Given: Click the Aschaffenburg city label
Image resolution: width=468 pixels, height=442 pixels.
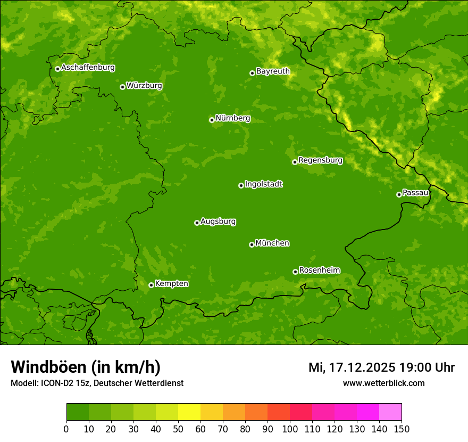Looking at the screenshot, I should [88, 68].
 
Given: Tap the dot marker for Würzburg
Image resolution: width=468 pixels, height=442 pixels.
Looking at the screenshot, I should [122, 87].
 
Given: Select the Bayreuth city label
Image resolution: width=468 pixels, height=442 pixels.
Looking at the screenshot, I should [273, 71].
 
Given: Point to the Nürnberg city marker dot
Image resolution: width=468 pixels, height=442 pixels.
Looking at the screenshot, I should [212, 120].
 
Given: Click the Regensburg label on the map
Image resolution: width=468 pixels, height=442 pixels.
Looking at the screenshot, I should [320, 160].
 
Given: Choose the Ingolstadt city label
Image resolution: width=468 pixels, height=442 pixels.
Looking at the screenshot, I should [263, 184].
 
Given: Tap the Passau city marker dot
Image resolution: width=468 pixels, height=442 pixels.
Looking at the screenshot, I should [399, 194].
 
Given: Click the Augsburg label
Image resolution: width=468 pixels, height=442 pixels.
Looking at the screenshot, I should [218, 222].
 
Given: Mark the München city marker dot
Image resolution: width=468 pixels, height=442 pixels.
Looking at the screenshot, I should [252, 244].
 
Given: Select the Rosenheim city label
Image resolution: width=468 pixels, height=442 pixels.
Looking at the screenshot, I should [319, 270].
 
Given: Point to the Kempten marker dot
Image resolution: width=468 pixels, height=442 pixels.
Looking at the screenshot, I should [151, 285].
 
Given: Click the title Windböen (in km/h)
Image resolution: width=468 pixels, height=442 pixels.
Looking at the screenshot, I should [86, 367].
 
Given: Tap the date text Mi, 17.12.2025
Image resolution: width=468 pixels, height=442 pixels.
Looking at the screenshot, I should [352, 367].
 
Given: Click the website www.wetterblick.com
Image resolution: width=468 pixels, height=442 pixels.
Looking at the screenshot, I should [383, 383].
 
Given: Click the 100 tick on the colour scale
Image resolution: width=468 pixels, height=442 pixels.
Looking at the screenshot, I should [290, 429].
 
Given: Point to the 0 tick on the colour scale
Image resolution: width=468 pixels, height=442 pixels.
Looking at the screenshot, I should [66, 429].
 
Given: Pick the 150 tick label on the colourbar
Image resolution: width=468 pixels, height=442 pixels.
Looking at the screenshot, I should [402, 429].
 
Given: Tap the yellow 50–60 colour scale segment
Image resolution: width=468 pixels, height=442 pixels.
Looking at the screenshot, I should [189, 412].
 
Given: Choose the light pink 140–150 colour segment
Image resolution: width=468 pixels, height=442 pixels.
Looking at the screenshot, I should [390, 412].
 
